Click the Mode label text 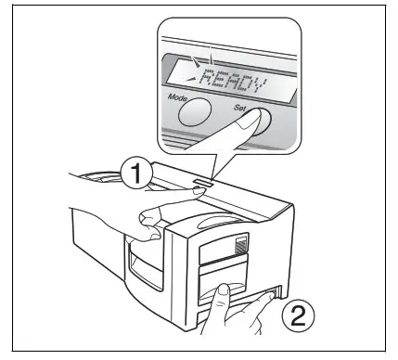pos(179,95)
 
